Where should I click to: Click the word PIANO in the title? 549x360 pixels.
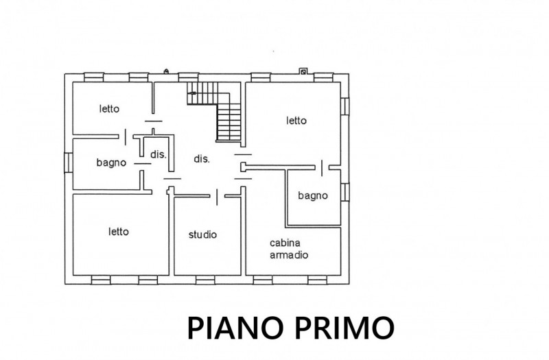[235, 328]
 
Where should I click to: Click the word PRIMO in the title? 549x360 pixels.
[344, 328]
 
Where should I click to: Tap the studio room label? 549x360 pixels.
[202, 235]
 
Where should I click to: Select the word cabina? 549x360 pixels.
[285, 243]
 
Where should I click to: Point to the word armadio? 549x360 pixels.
[289, 254]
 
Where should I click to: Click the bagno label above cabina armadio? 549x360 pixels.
[313, 195]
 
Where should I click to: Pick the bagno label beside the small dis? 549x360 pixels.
[111, 163]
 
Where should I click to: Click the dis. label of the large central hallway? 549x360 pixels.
[202, 159]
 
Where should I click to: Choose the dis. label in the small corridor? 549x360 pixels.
[158, 155]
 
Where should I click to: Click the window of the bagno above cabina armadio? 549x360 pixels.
[345, 192]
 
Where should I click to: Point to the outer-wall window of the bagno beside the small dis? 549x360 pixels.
[69, 163]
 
